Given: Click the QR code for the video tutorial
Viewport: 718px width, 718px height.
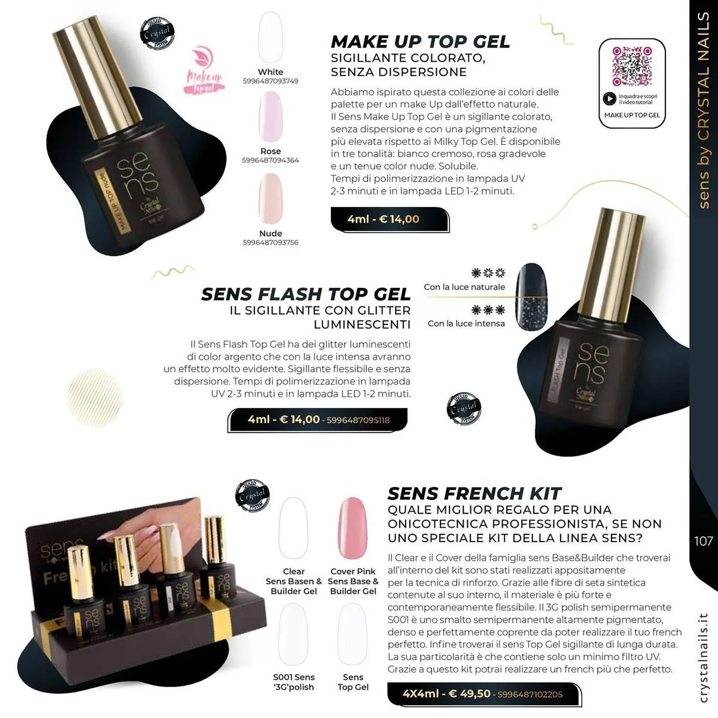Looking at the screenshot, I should pyautogui.click(x=632, y=66).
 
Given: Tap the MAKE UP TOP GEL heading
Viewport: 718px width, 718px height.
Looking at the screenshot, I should pyautogui.click(x=420, y=42).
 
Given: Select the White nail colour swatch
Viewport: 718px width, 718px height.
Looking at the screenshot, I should pyautogui.click(x=270, y=37).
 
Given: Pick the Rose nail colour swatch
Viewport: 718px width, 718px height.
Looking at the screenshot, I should pyautogui.click(x=270, y=117).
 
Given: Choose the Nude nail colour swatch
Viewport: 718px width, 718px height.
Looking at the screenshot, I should pyautogui.click(x=270, y=198).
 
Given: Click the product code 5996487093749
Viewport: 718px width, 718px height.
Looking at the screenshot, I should pyautogui.click(x=270, y=81).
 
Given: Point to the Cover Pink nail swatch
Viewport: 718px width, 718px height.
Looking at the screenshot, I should pyautogui.click(x=352, y=528).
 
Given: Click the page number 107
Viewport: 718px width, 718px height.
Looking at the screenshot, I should pyautogui.click(x=703, y=541).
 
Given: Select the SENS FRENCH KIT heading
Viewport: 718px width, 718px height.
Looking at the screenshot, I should pyautogui.click(x=474, y=494).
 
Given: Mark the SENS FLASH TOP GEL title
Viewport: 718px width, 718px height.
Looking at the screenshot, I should pyautogui.click(x=306, y=294).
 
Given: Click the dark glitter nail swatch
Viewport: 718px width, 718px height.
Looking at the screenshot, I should pyautogui.click(x=531, y=296).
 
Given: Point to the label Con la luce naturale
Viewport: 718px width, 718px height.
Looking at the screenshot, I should pyautogui.click(x=464, y=287).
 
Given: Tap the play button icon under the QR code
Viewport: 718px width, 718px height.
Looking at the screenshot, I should pyautogui.click(x=609, y=99).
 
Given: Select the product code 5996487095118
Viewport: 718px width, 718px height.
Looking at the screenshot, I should pyautogui.click(x=358, y=420).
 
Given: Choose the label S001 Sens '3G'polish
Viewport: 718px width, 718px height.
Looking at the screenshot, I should pyautogui.click(x=294, y=682).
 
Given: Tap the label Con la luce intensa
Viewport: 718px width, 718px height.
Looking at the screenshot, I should pyautogui.click(x=466, y=323).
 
